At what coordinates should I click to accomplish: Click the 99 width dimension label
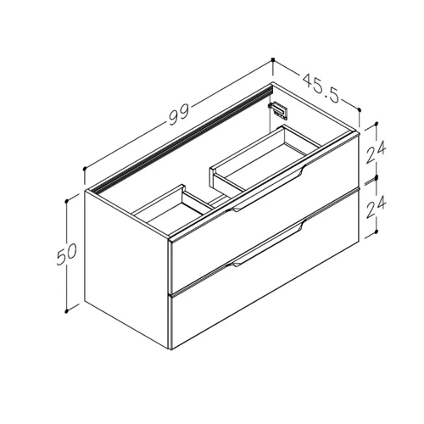[179, 114]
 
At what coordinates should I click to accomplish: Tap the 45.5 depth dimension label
[321, 88]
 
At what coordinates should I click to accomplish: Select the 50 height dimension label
[67, 254]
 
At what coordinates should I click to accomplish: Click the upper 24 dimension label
[376, 153]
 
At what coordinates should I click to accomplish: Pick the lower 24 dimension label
[376, 207]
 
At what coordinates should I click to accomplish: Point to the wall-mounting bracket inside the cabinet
[278, 110]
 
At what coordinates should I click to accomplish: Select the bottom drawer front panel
[265, 269]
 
